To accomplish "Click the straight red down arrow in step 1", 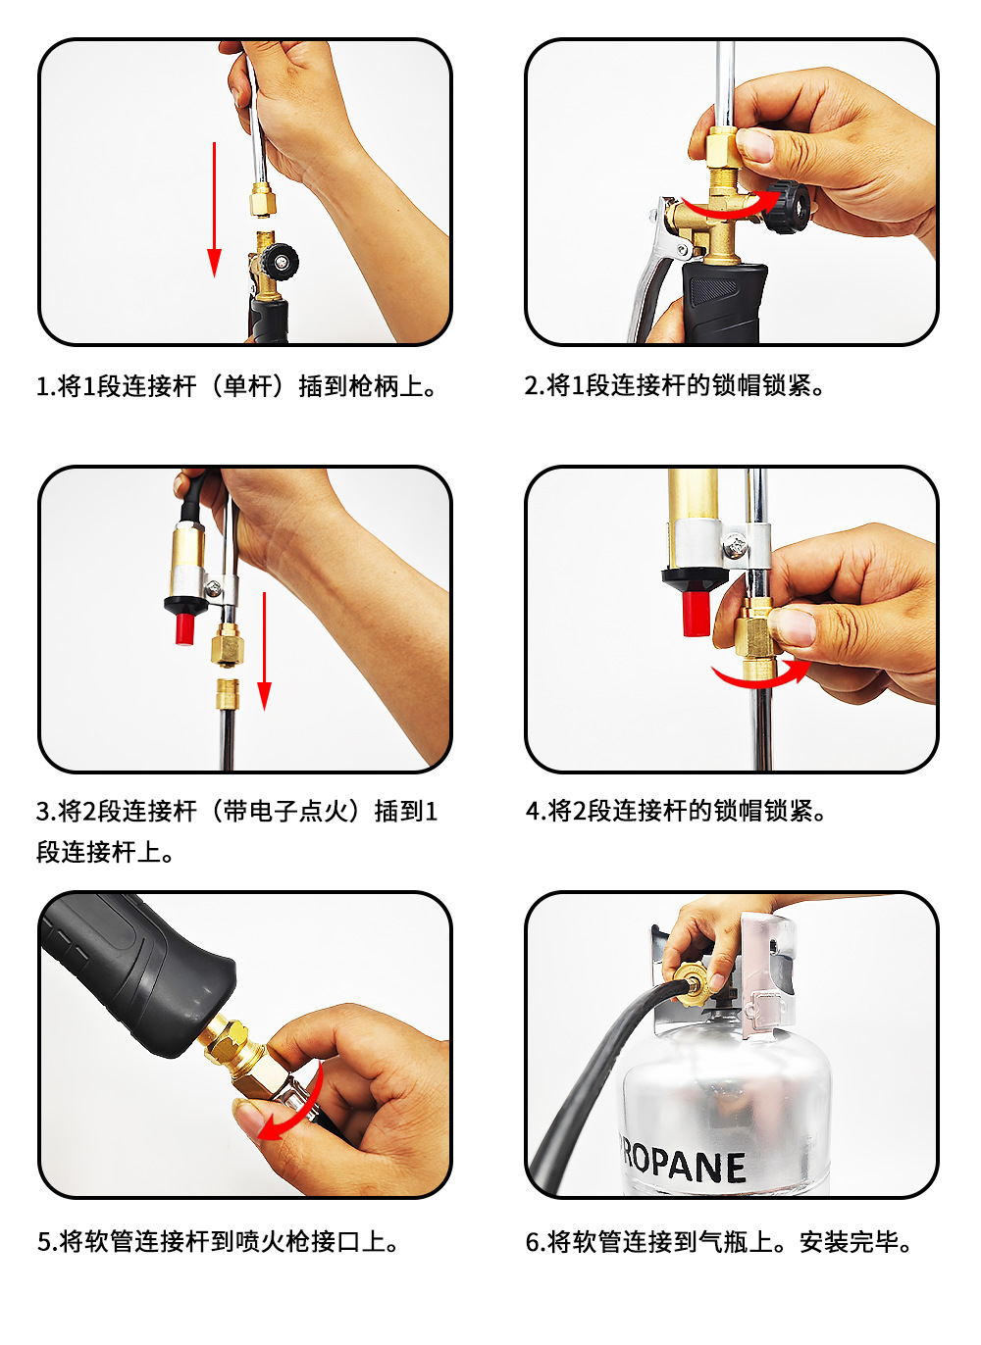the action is pos(214,210).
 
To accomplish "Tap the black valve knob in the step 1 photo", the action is pos(281,262).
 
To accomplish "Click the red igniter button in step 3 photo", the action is pos(185,628).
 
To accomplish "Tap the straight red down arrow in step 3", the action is pos(264,652).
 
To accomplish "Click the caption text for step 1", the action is pos(236,386).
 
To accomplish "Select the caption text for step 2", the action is pos(674,385).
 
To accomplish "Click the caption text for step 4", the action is pos(676,811).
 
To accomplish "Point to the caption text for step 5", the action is pos(218,1242).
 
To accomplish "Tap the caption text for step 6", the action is pos(718,1242).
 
